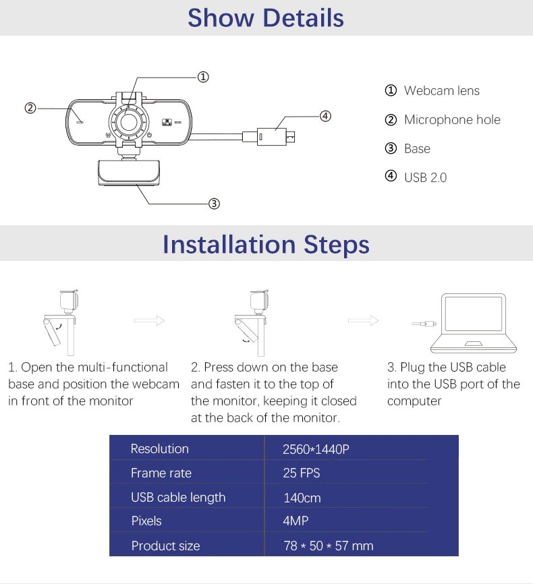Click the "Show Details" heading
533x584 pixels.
tap(266, 18)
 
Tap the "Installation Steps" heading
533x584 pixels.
tap(266, 244)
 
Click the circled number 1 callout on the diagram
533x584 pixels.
tap(202, 77)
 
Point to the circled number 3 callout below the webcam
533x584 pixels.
tap(213, 203)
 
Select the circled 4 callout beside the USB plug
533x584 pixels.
tap(325, 116)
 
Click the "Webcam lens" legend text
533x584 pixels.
tap(441, 90)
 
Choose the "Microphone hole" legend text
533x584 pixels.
tap(451, 120)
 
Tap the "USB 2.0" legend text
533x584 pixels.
tap(425, 178)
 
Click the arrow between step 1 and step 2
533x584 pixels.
tap(150, 321)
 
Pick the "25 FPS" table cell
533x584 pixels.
tap(301, 473)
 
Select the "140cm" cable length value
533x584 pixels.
tap(302, 498)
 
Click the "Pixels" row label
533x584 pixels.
tap(146, 521)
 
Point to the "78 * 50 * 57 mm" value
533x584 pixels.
tap(329, 546)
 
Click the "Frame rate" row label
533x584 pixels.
tap(161, 473)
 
